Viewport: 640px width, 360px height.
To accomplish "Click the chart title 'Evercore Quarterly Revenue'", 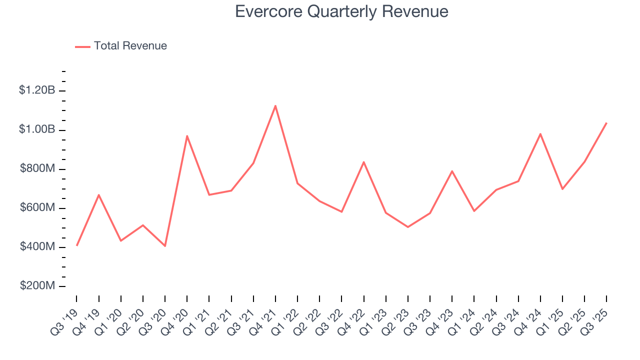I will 341,11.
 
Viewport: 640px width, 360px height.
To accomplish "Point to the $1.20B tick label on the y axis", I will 37,90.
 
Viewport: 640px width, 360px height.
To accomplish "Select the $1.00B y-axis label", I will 37,129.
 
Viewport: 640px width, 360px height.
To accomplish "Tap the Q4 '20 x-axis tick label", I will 176,319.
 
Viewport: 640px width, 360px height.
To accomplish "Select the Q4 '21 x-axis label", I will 264,319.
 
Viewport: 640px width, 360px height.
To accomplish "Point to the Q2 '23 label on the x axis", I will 397,319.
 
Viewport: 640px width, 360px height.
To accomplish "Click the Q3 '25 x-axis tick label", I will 595,319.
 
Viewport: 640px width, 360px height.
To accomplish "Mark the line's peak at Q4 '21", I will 275,105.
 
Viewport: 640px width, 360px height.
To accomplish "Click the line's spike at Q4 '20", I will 187,136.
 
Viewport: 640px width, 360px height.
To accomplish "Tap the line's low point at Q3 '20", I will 165,246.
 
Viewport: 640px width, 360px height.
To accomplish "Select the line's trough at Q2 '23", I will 408,227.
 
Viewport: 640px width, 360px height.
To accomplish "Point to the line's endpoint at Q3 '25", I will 606,122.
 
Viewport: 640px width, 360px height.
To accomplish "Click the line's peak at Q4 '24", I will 540,133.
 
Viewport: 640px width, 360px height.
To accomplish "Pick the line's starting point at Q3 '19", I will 77,245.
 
